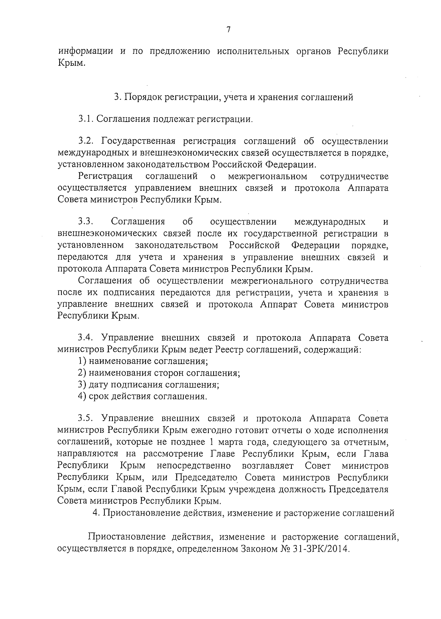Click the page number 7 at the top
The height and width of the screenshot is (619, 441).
228,30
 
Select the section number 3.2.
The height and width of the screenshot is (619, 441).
87,141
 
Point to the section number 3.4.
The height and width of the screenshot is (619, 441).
86,338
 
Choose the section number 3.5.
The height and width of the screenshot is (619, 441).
86,418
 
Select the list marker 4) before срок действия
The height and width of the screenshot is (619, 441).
82,396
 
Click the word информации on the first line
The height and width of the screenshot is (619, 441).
86,51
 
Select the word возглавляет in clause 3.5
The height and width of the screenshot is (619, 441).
268,465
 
